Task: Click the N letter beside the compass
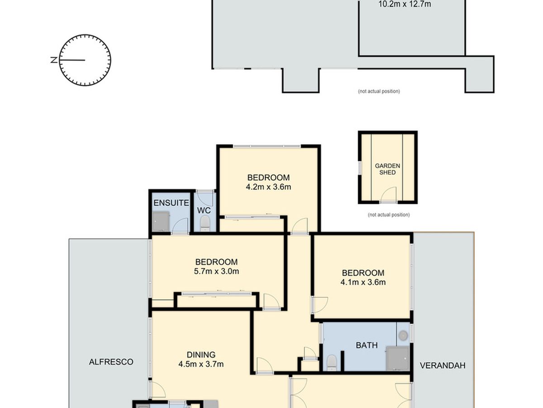[54, 60]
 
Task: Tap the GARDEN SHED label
[387, 169]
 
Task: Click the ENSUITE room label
[171, 203]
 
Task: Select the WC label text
[204, 210]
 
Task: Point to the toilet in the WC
[205, 223]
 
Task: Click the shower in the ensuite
[161, 221]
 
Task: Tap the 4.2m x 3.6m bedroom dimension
[268, 187]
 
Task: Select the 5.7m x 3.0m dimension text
[216, 271]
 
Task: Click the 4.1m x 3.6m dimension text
[363, 282]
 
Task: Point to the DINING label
[201, 355]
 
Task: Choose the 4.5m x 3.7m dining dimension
[201, 364]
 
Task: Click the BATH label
[367, 345]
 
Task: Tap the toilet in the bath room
[332, 363]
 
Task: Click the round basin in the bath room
[403, 335]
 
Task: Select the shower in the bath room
[398, 359]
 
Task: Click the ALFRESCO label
[111, 362]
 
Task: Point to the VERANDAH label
[443, 365]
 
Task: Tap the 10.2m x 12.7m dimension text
[405, 4]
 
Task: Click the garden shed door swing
[388, 195]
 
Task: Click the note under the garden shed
[389, 215]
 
